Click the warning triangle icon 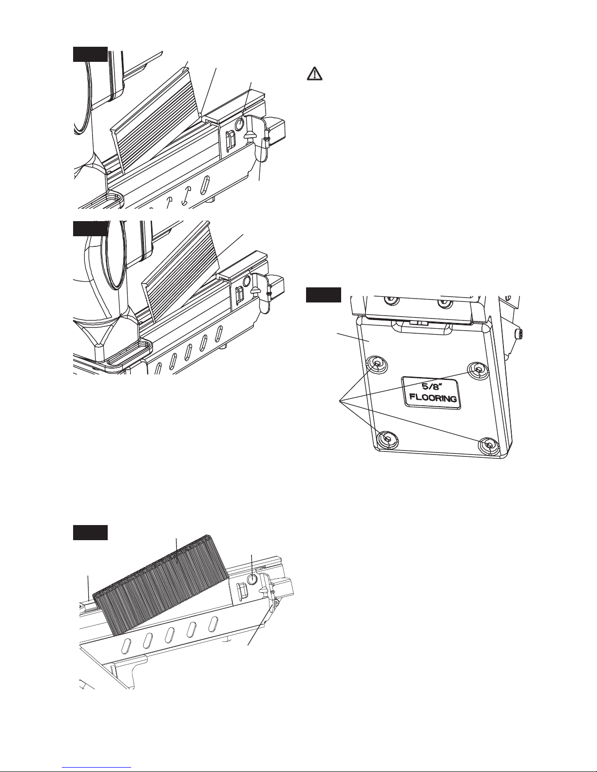(x=314, y=74)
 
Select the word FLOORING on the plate (x=433, y=397)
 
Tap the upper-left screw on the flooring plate (x=377, y=363)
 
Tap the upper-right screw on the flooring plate (x=478, y=370)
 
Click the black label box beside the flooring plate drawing (x=324, y=295)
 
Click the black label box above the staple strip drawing (x=90, y=532)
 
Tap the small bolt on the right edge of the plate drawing (x=520, y=334)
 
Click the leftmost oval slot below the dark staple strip (x=126, y=645)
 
